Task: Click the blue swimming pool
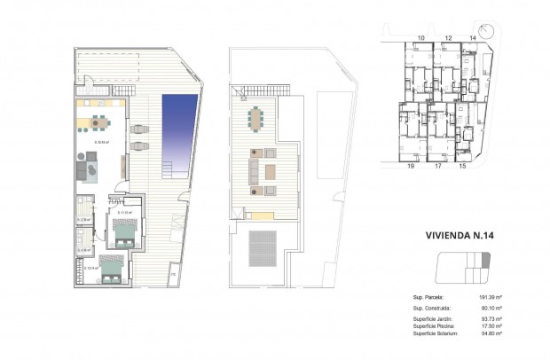180,133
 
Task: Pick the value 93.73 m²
490,318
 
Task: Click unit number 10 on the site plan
420,38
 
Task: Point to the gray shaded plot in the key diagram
484,260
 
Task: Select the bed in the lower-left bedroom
111,270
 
